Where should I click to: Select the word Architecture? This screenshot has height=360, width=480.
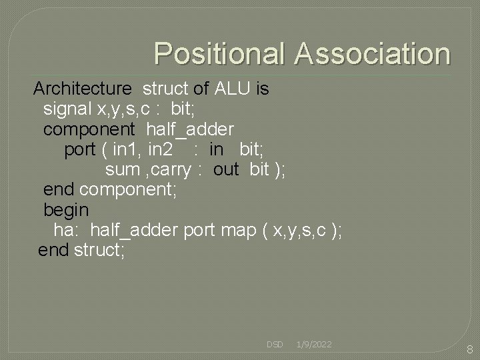click(83, 89)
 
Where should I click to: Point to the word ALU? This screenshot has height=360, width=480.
click(233, 89)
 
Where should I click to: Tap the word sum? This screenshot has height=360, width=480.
click(122, 169)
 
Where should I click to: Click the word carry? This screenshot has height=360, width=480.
click(169, 169)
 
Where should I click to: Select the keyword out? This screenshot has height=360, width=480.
click(226, 169)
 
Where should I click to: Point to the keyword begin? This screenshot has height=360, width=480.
click(65, 210)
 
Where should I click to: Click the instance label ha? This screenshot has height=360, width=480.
click(67, 231)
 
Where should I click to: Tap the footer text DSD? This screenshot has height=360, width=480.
click(275, 345)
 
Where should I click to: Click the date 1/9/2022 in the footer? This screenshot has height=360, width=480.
click(314, 345)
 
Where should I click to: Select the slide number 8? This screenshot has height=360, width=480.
click(469, 350)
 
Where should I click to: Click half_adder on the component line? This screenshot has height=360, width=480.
click(190, 128)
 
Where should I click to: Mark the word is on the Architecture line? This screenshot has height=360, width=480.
click(261, 89)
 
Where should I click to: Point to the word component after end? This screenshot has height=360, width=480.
click(127, 190)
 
